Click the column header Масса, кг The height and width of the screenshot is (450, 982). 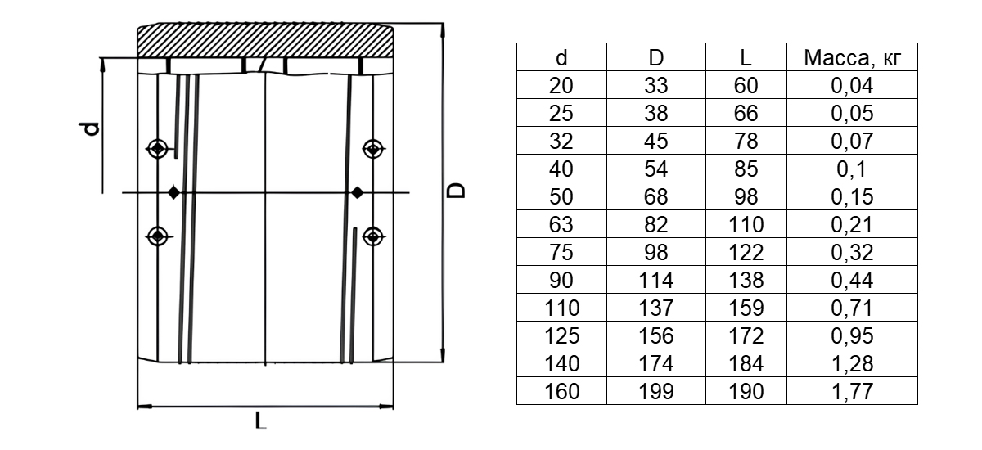847,57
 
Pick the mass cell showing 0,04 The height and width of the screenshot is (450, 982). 852,85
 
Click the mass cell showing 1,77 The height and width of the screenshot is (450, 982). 852,391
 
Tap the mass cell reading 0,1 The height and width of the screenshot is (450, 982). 852,169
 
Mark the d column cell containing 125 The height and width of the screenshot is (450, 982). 561,335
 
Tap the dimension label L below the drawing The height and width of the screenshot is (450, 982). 260,423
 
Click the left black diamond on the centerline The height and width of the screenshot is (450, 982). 173,193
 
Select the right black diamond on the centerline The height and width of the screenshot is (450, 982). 357,193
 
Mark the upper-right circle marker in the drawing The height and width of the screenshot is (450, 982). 374,149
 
